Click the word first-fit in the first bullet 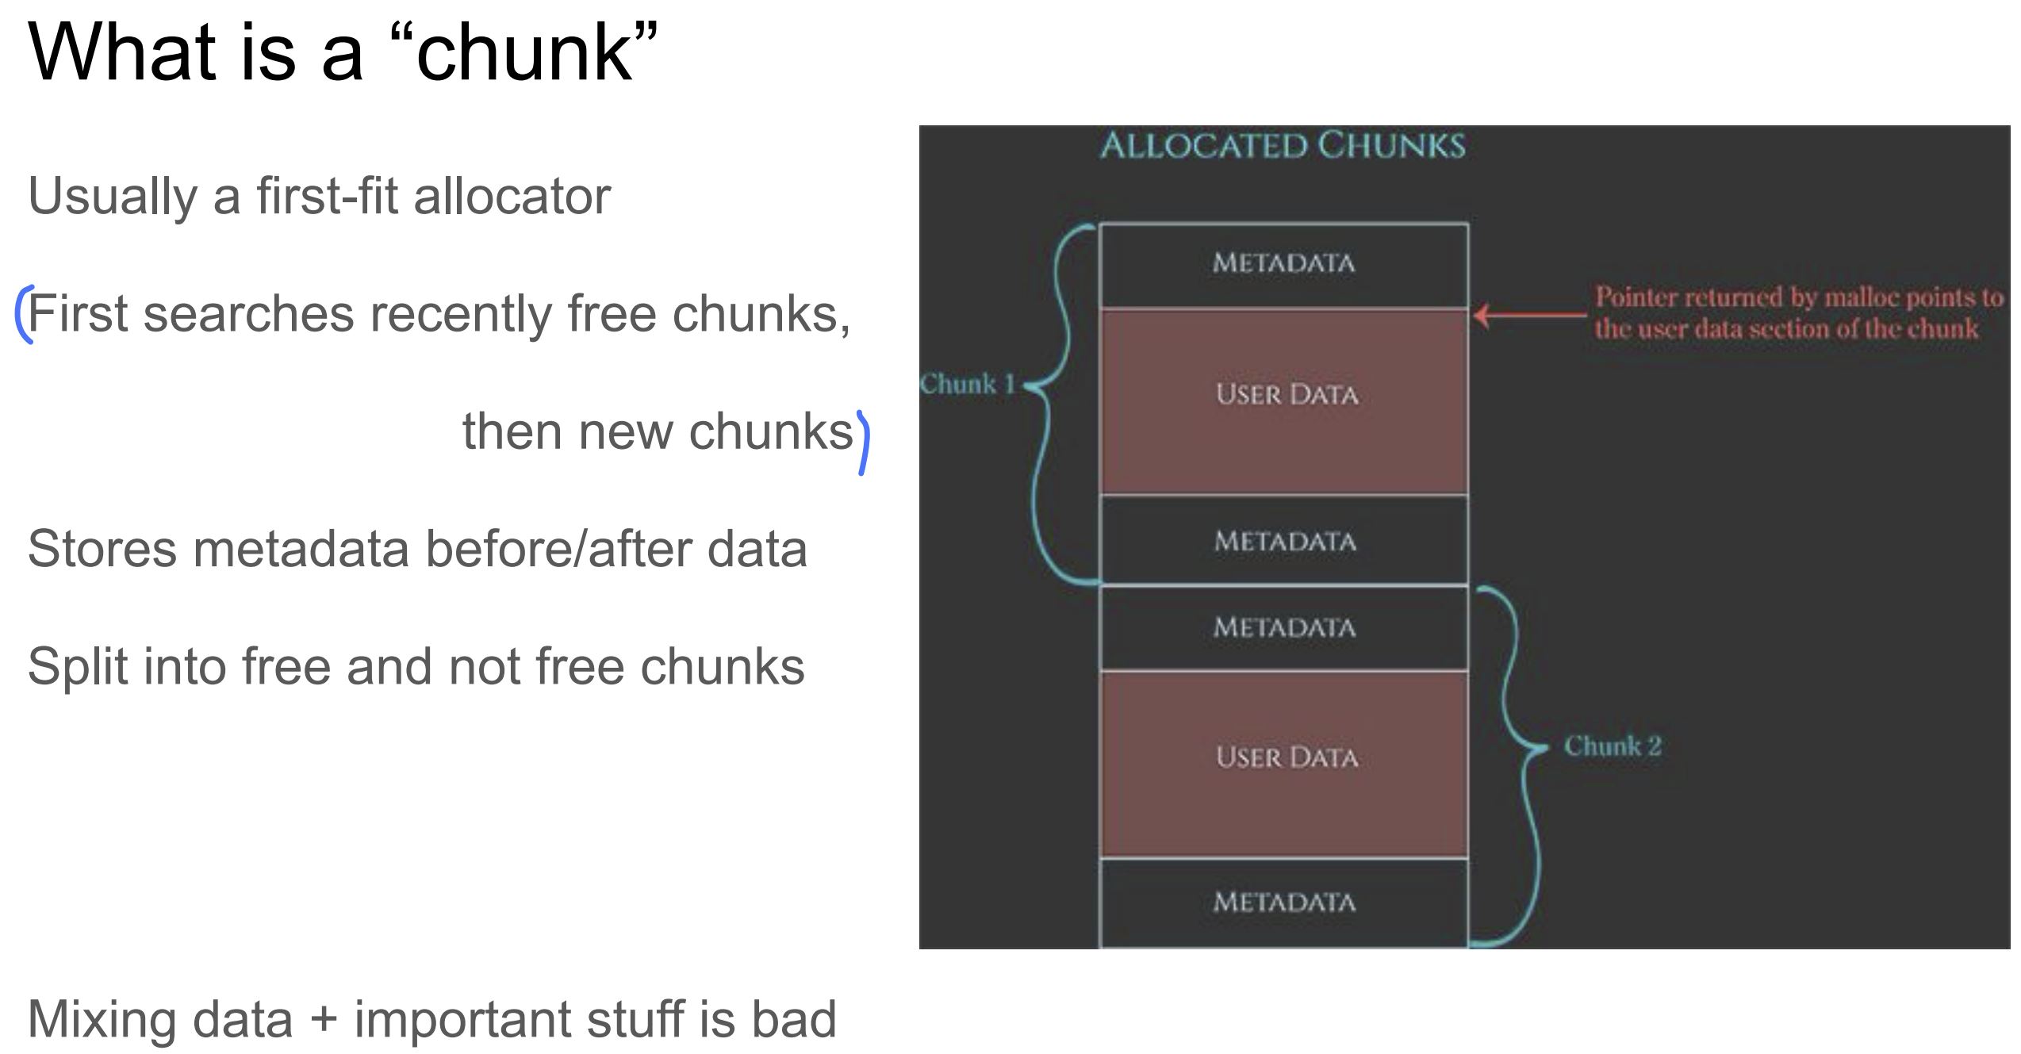pos(327,196)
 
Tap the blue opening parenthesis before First pos(24,314)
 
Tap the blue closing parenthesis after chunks pos(863,443)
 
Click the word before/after pos(558,549)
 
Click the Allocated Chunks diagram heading pos(1283,146)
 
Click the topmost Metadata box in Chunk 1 pos(1283,263)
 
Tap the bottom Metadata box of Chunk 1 pos(1284,542)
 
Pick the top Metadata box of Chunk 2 pos(1284,628)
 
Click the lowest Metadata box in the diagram pos(1284,903)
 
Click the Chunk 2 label pos(1613,746)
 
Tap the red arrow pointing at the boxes pos(1527,315)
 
